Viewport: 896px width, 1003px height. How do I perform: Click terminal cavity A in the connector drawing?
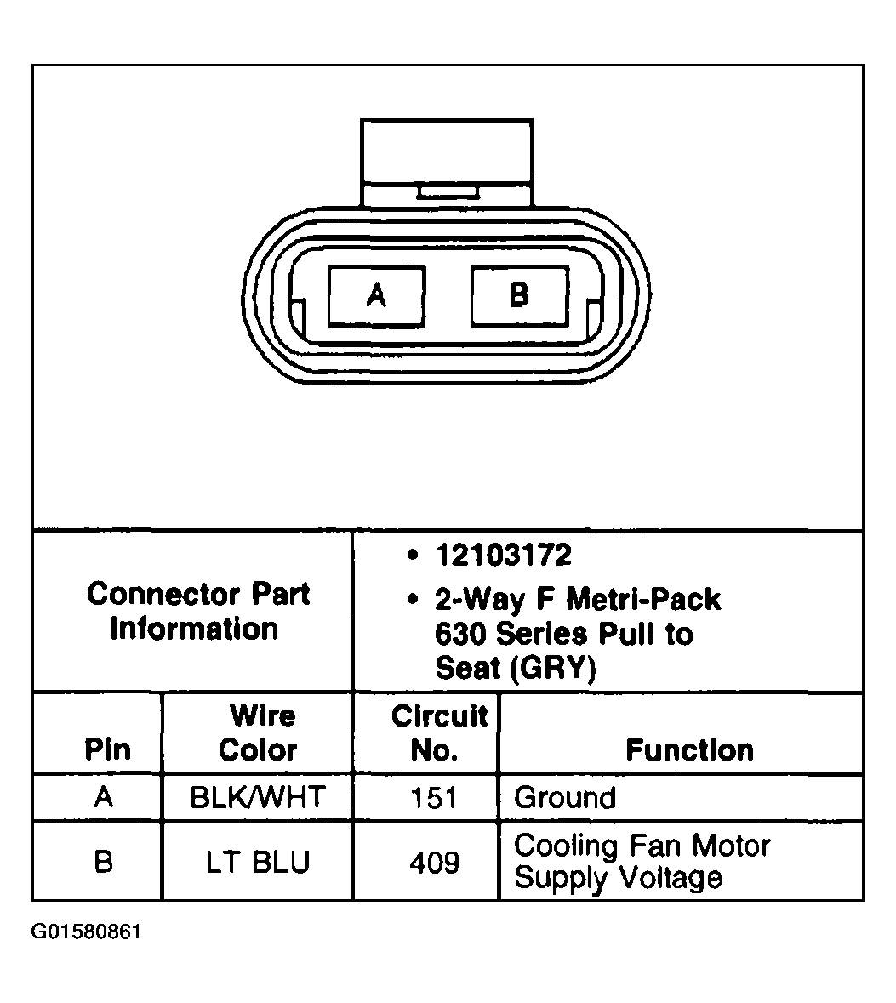tap(376, 297)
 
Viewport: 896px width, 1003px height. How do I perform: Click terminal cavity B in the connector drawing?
tap(520, 297)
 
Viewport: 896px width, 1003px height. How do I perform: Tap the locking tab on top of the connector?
tap(447, 162)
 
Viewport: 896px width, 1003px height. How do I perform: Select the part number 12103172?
tap(504, 556)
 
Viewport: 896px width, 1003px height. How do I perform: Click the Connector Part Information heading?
tap(198, 611)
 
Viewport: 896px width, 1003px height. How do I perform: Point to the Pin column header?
tap(107, 749)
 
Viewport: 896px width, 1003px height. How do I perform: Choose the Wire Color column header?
tap(258, 732)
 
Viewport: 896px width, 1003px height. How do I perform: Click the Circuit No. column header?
tap(440, 732)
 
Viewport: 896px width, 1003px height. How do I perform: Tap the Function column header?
tap(689, 749)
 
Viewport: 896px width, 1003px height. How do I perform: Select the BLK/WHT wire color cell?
tap(258, 798)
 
